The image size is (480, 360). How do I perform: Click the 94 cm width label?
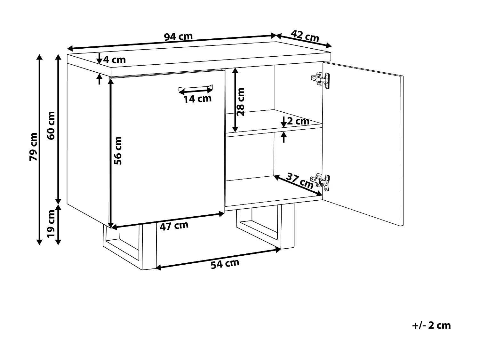click(178, 37)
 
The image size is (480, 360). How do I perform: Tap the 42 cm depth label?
click(305, 36)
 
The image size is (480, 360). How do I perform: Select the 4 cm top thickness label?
click(114, 60)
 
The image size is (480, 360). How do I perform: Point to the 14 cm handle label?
click(197, 99)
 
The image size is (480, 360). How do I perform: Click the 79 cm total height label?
click(34, 146)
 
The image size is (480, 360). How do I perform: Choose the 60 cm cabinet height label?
click(51, 125)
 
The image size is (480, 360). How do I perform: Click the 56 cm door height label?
click(118, 150)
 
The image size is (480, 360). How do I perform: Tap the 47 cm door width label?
click(174, 226)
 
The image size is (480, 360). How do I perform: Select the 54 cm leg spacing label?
click(225, 264)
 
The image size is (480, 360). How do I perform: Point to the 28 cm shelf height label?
click(241, 101)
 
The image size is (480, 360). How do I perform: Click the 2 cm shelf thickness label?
click(298, 121)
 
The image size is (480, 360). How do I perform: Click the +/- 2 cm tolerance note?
click(431, 325)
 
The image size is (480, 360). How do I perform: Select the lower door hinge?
click(320, 181)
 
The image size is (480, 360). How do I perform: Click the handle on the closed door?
click(195, 87)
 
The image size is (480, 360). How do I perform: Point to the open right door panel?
click(363, 141)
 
